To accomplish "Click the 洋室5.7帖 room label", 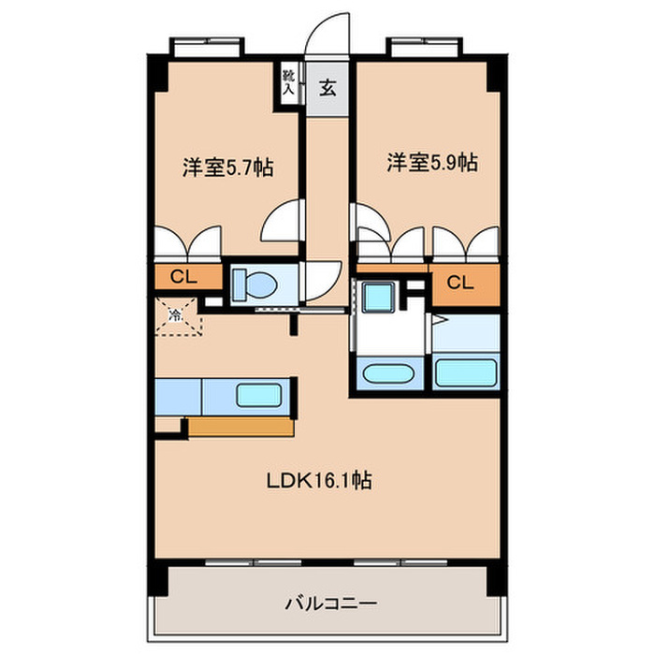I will tap(227, 168).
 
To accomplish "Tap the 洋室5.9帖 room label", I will tap(433, 163).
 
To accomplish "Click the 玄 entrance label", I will tap(328, 90).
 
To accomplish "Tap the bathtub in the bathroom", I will tap(465, 372).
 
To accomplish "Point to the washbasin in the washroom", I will tap(386, 374).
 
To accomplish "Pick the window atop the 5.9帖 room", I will tap(423, 44).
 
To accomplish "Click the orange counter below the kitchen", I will tap(242, 428).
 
